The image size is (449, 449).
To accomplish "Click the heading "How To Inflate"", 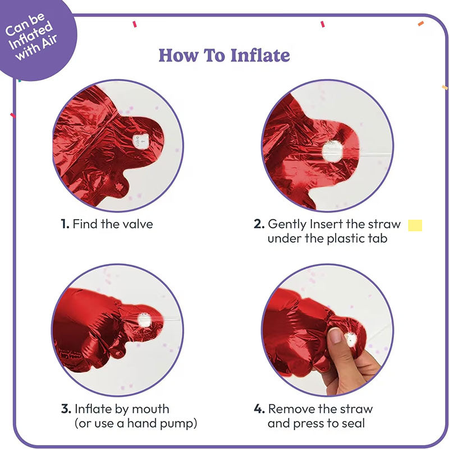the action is [x=224, y=55].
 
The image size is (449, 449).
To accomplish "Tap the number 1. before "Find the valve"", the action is [x=65, y=224].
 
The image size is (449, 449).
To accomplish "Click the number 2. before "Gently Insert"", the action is [x=259, y=224].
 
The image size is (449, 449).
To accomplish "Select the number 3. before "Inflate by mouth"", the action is [x=66, y=409].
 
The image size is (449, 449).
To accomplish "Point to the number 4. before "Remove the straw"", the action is [x=259, y=409].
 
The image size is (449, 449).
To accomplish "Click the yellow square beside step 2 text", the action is [x=415, y=225].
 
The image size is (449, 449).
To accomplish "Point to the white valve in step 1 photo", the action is [x=140, y=141].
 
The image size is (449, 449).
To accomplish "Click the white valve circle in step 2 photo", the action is [x=333, y=151].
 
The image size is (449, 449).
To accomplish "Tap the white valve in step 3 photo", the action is [x=144, y=320].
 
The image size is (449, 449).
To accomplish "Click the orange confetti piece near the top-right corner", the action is [x=420, y=24].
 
